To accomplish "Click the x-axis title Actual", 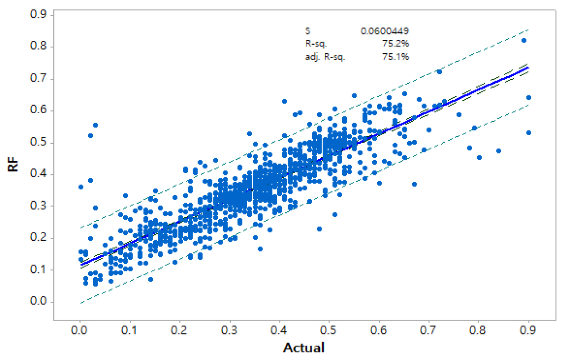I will [304, 347].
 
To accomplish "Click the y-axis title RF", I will [14, 167].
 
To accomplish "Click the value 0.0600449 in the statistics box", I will [385, 31].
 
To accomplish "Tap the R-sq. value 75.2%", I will [397, 44].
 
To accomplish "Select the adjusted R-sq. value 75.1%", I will [397, 57].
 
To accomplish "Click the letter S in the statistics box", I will [307, 31].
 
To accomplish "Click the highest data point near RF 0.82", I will [524, 40].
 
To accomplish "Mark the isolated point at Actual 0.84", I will [499, 151].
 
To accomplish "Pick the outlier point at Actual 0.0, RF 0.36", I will [81, 187].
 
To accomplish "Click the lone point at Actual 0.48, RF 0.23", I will [319, 229].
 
